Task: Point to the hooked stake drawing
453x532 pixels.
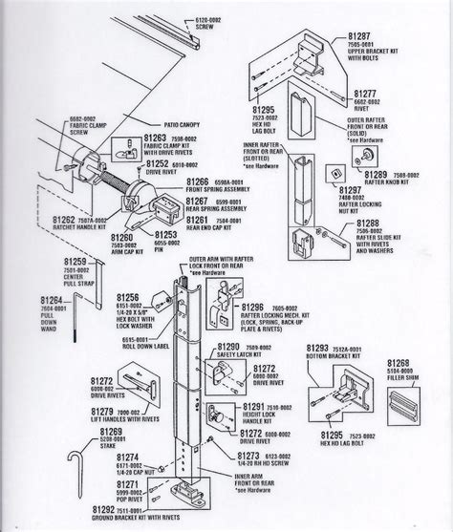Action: [x=68, y=487]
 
